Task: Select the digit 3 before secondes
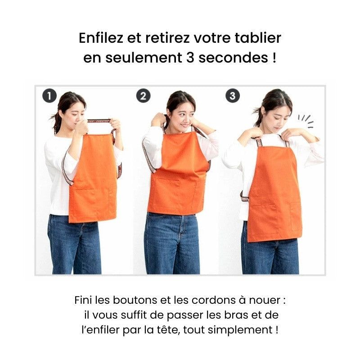(x=190, y=58)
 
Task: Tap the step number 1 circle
(x=49, y=96)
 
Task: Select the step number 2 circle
(x=143, y=96)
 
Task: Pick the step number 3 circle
(x=233, y=96)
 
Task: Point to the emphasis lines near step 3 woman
(x=306, y=121)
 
